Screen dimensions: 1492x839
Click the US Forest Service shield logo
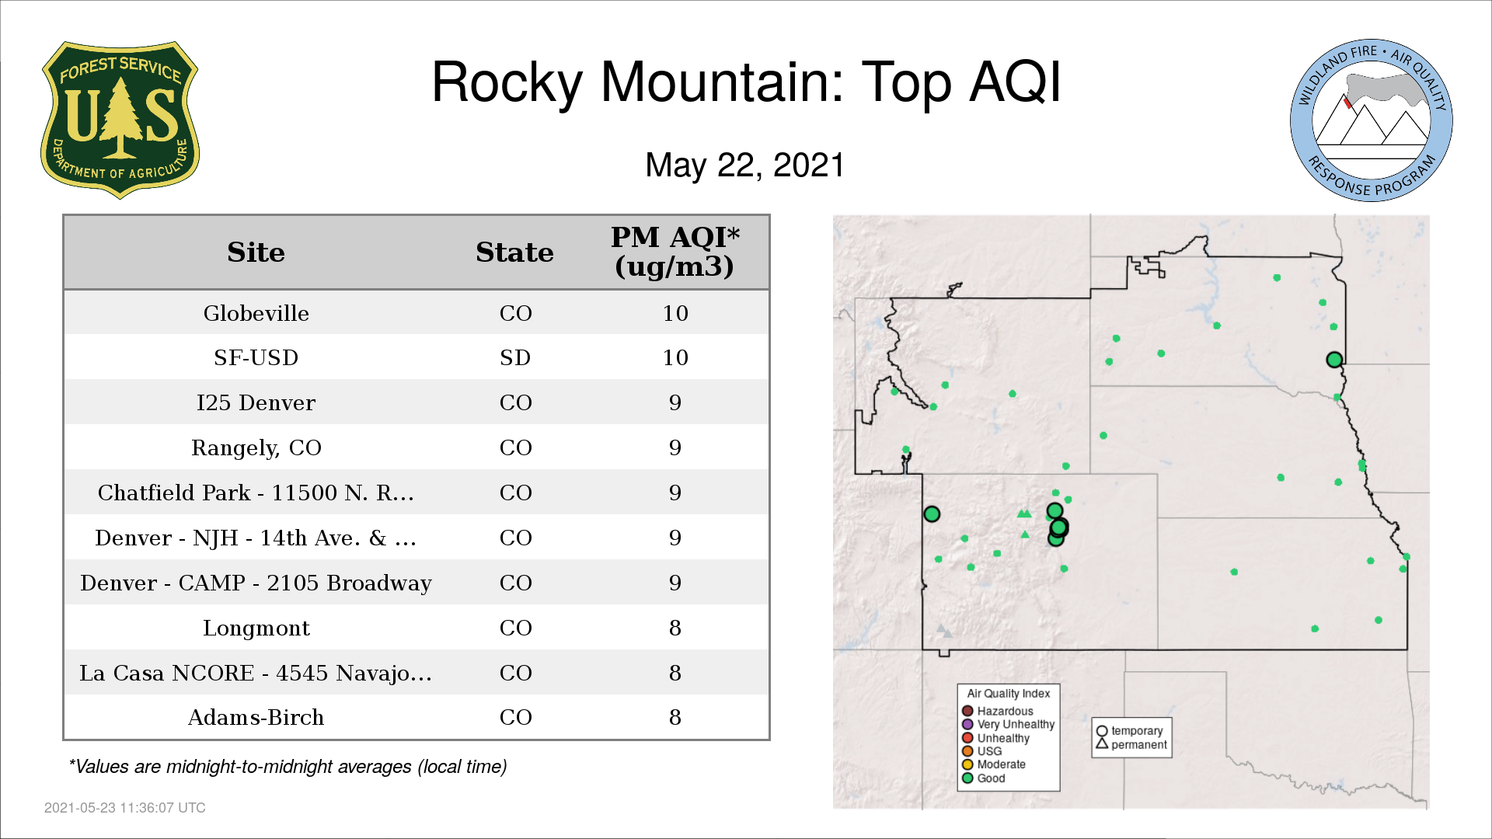pyautogui.click(x=120, y=120)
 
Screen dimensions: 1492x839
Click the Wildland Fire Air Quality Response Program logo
pyautogui.click(x=1372, y=120)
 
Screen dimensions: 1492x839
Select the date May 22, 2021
pyautogui.click(x=744, y=165)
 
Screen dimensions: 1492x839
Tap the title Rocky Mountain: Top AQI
pyautogui.click(x=746, y=82)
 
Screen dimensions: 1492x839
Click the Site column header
pyautogui.click(x=256, y=252)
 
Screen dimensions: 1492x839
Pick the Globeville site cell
pyautogui.click(x=256, y=313)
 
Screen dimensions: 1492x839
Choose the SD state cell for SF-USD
pyautogui.click(x=515, y=357)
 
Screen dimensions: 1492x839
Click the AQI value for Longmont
pyautogui.click(x=675, y=628)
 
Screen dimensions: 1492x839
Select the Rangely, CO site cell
pyautogui.click(x=256, y=448)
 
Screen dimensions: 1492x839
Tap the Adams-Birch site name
pyautogui.click(x=256, y=718)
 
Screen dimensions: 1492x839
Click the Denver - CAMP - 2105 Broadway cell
pyautogui.click(x=256, y=583)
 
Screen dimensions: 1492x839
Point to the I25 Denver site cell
pyautogui.click(x=256, y=402)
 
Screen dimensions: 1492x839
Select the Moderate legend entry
pyautogui.click(x=994, y=764)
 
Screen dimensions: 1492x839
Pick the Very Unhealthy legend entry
pyautogui.click(x=1009, y=724)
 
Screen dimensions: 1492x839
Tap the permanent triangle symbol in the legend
pyautogui.click(x=1102, y=743)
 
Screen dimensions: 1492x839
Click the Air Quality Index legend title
pyautogui.click(x=1009, y=693)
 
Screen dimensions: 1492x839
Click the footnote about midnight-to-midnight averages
pyautogui.click(x=288, y=767)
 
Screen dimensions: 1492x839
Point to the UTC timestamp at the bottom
pyautogui.click(x=125, y=808)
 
